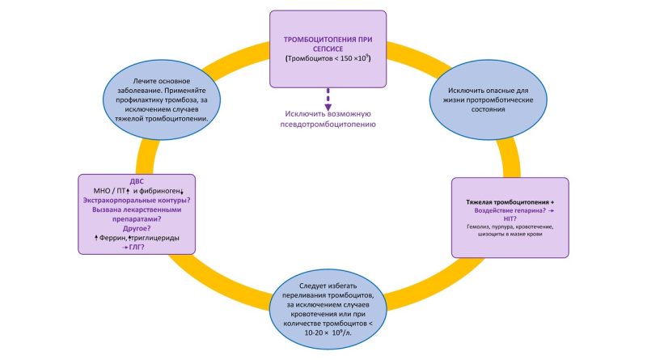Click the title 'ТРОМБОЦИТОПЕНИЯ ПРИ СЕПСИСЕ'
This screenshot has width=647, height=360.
328,44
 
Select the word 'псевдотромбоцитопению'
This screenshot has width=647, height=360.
328,125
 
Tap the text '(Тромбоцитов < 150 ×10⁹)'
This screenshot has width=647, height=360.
328,59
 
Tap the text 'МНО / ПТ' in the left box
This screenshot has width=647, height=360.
112,190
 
